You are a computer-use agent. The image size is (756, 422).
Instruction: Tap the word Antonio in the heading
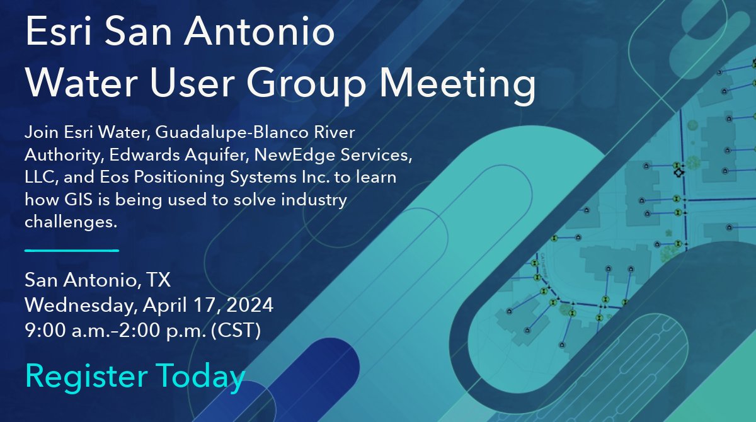pos(270,33)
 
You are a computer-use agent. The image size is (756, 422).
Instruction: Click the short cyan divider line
pos(71,250)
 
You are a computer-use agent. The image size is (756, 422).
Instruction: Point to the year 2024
pos(251,305)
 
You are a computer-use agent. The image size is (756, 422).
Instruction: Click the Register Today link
pos(135,376)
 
